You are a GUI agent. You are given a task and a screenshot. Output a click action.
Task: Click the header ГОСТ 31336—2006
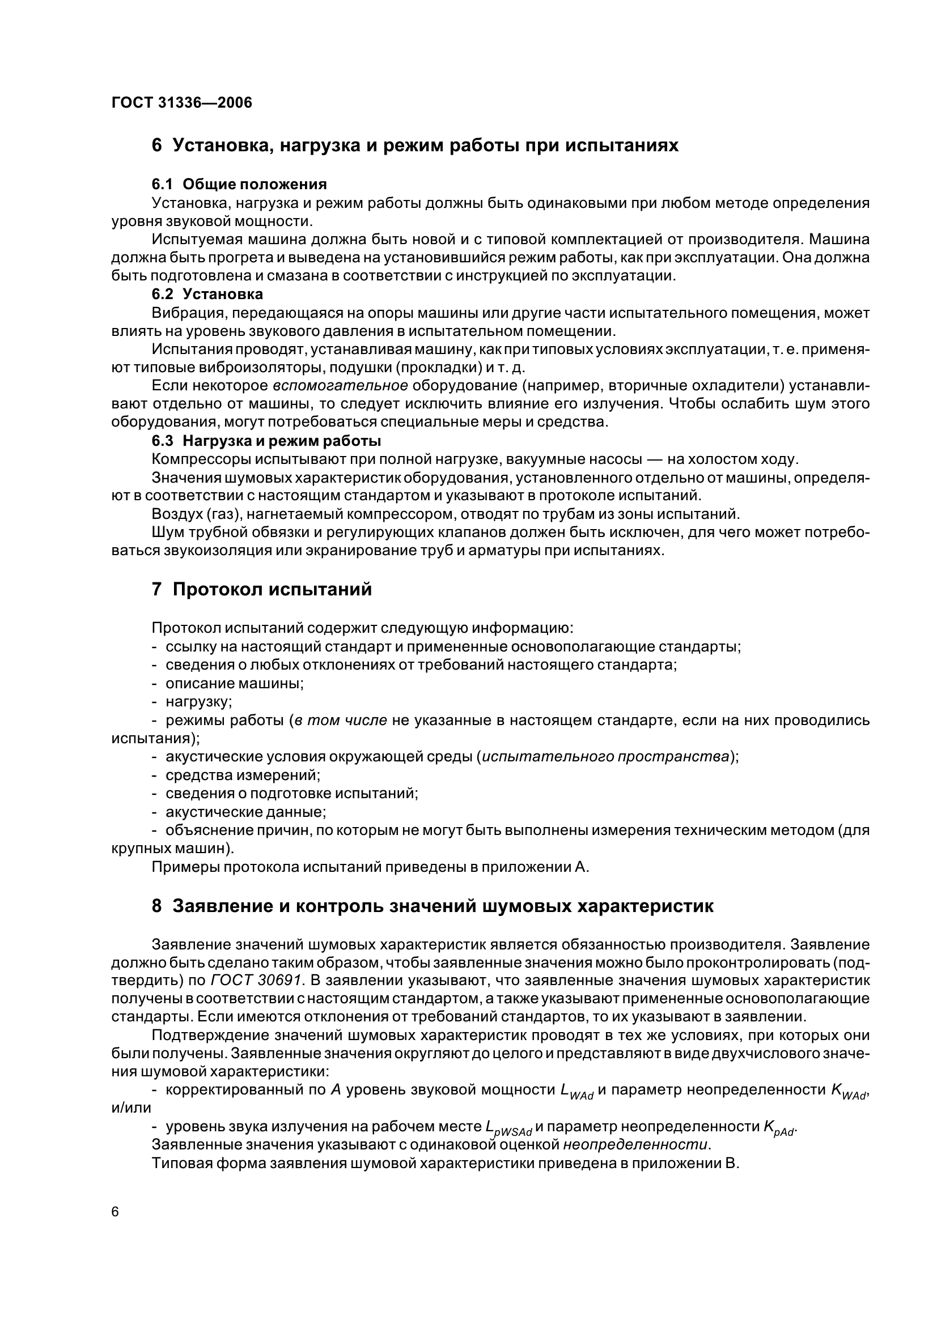pos(182,103)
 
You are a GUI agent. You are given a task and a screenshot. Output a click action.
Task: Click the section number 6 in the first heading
pos(156,146)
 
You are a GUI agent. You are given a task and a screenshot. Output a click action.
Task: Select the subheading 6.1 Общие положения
pos(239,184)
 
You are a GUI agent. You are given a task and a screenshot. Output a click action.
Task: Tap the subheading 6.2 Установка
pos(207,294)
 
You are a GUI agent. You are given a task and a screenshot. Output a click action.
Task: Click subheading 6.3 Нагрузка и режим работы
pos(266,441)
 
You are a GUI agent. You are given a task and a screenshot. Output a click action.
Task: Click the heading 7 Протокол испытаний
pos(261,590)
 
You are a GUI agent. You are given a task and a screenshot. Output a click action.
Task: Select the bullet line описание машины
pos(235,683)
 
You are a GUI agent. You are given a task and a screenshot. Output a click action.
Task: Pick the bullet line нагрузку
pos(198,702)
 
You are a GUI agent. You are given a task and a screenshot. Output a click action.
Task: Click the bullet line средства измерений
pos(243,775)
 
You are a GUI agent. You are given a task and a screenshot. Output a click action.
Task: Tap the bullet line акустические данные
pos(245,812)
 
